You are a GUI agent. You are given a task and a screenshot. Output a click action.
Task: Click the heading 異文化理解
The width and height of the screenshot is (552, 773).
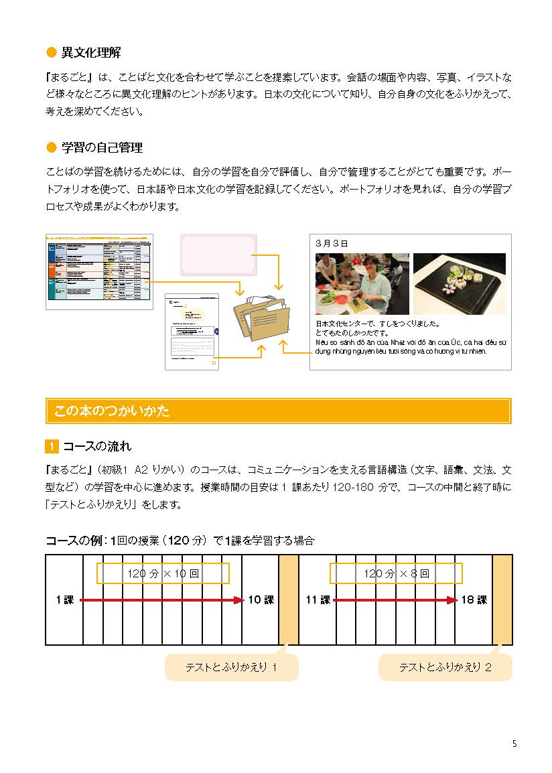pos(90,52)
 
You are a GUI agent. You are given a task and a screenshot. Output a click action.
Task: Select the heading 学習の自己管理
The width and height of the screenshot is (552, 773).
pos(102,147)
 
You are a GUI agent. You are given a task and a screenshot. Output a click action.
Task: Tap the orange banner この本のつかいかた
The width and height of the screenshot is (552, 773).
pos(278,411)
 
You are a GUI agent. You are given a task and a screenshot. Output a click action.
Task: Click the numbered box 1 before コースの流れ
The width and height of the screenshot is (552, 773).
pos(52,446)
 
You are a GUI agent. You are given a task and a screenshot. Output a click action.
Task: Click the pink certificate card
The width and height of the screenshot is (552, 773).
pos(218,255)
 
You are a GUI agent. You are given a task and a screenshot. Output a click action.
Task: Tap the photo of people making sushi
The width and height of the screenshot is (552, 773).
pos(362,283)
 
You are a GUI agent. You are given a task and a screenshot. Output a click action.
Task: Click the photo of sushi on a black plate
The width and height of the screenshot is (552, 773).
pos(459,283)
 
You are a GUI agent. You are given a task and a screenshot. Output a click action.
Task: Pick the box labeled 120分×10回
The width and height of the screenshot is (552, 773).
pos(163,573)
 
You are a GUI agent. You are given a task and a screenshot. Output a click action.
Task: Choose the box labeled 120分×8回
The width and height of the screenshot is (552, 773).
pos(396,573)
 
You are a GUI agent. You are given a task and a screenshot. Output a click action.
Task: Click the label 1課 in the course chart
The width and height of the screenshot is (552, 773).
pos(64,600)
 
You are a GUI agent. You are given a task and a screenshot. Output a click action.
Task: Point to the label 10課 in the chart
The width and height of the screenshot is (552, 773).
pos(261,600)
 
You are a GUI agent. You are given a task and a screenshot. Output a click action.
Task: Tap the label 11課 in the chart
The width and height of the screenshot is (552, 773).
pos(318,600)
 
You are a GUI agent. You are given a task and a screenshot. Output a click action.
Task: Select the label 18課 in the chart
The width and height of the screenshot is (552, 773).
pos(474,600)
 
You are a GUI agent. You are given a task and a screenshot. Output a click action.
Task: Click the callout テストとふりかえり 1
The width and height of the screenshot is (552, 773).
pos(231,667)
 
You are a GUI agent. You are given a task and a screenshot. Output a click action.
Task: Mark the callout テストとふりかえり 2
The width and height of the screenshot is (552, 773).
pos(445,667)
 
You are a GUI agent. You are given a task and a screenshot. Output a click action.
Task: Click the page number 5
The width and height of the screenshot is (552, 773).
pos(514,744)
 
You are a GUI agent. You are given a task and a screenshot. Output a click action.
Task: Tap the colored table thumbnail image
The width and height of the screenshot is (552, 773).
pos(99,271)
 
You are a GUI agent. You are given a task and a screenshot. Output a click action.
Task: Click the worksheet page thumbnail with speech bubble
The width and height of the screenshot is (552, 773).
pos(192,331)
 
